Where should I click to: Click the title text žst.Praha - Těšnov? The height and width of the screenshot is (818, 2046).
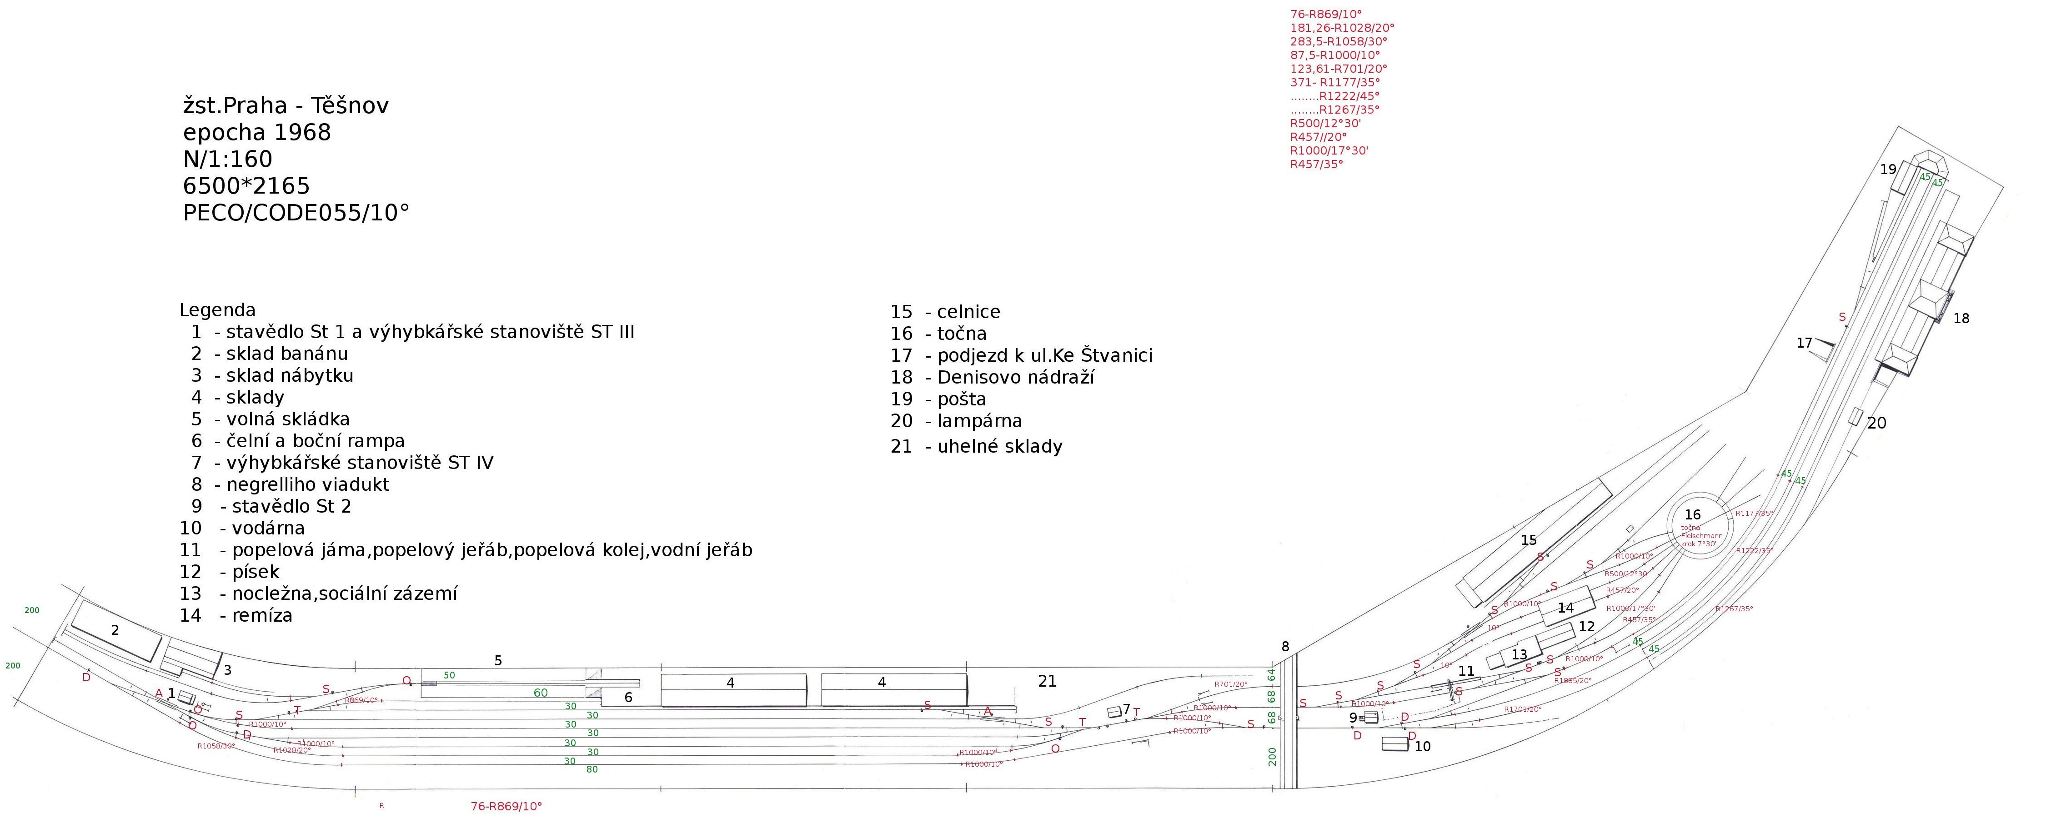pos(286,105)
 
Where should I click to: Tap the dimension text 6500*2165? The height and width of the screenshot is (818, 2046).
pos(246,186)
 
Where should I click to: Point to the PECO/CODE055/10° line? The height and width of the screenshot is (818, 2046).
pos(296,213)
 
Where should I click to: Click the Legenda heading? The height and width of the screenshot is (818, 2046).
pos(218,310)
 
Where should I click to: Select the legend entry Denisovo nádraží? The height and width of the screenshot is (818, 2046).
pos(1015,377)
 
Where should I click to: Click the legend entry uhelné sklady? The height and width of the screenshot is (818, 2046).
pos(999,446)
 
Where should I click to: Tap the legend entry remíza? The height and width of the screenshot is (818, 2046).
pos(261,615)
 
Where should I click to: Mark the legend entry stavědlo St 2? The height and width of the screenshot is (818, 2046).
pos(291,506)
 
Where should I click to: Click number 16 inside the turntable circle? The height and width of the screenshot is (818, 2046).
pos(1693,514)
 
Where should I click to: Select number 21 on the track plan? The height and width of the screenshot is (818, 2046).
pos(1048,681)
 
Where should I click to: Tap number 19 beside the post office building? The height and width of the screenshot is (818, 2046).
pos(1888,169)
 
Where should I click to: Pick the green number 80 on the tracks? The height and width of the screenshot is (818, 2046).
pos(592,769)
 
